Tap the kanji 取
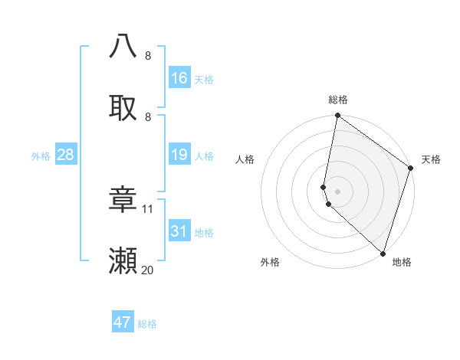coord(123,108)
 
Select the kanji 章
coord(123,201)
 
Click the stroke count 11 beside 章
coord(148,208)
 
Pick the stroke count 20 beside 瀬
coord(148,270)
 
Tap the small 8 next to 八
coord(148,56)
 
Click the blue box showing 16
coord(179,78)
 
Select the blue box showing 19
coord(179,155)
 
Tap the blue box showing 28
coord(66,155)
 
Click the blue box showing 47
coord(123,322)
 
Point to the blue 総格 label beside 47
coord(148,324)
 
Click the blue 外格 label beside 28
coord(41,156)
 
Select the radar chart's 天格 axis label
coord(431,159)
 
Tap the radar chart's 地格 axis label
coord(402,262)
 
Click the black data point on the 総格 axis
coord(337,116)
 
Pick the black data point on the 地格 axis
coord(383,253)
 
